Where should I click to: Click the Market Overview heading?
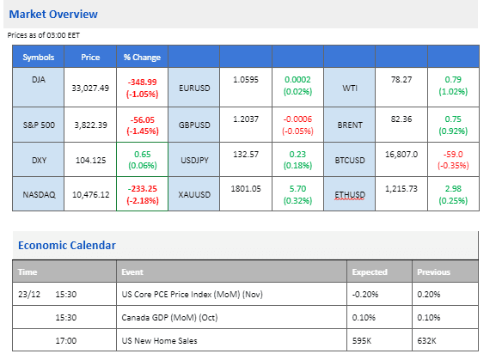53,14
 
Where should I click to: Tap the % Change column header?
142,58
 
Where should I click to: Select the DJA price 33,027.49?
90,88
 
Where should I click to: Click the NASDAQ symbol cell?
39,194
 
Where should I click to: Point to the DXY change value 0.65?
143,155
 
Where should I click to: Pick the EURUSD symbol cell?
194,88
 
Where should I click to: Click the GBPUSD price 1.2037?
246,119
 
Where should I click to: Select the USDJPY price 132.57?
246,155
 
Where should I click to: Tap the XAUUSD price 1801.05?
246,189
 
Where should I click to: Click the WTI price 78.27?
401,79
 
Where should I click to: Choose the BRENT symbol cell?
350,125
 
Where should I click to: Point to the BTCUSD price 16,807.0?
401,155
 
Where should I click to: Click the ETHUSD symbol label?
350,194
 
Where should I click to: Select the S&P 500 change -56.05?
143,120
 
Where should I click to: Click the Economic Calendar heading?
66,245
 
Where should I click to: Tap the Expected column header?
370,272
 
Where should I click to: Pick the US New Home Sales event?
159,341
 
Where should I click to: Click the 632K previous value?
426,341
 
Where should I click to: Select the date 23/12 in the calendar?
29,295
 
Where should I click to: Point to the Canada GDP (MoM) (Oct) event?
169,318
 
